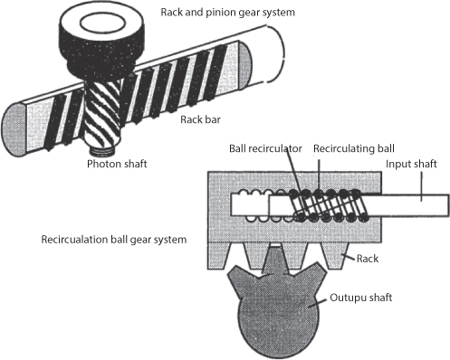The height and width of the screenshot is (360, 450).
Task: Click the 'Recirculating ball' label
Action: coord(353,147)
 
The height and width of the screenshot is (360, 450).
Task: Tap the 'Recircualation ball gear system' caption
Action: coord(112,241)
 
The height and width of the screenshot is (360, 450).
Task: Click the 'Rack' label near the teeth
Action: coord(368,260)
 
